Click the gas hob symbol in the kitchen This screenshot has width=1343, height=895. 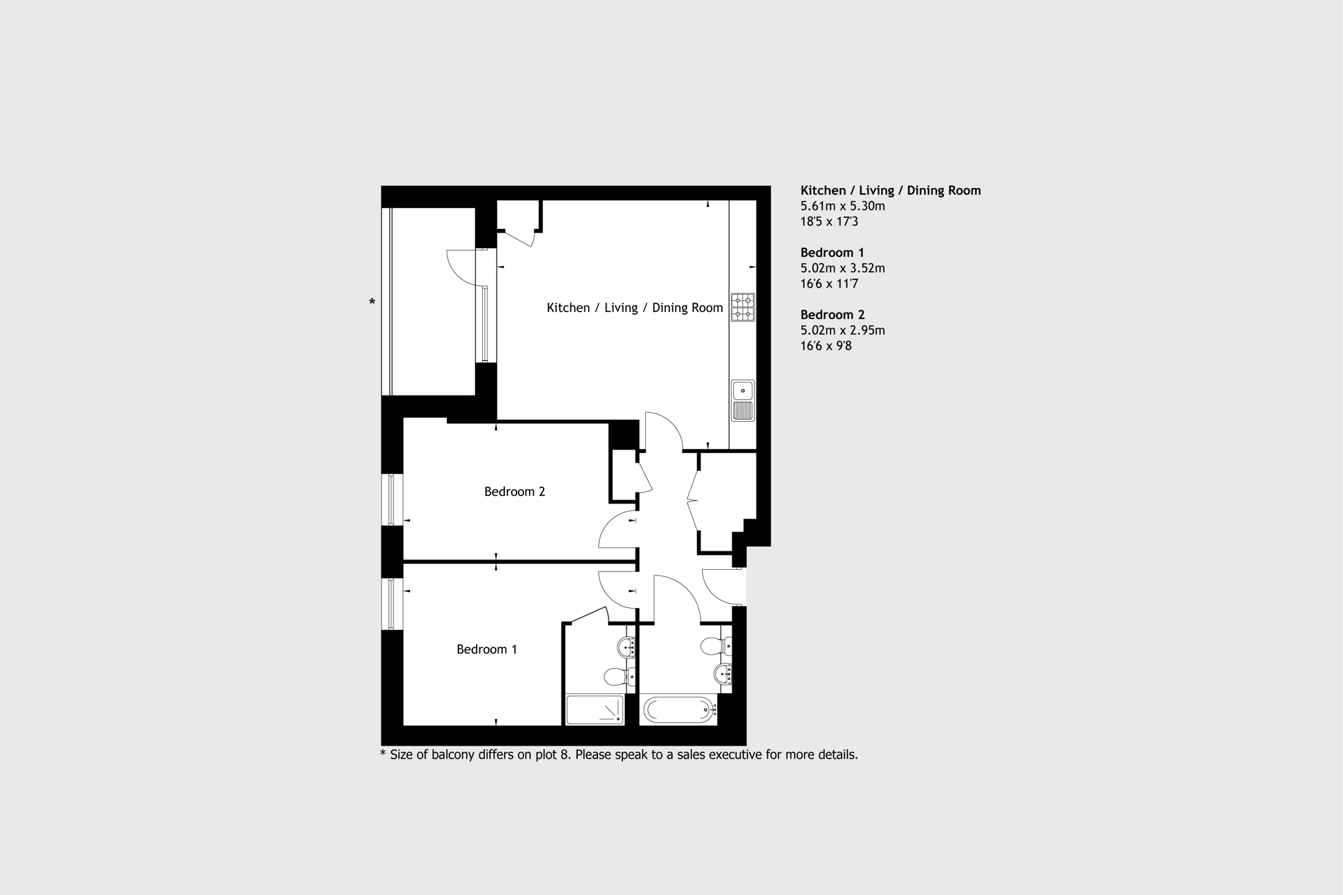tap(742, 307)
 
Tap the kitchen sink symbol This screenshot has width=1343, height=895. tap(742, 400)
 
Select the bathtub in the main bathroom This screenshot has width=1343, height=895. tap(678, 710)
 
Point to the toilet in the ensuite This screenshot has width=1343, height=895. tap(616, 675)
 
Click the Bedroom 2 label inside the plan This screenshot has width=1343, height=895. tap(514, 492)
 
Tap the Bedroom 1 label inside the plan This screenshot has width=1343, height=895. tap(486, 649)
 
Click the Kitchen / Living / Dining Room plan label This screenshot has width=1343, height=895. tap(634, 308)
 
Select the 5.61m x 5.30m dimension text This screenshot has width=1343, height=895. tap(842, 206)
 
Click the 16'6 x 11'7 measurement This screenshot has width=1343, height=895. tap(828, 284)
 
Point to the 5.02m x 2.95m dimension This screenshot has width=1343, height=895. tap(842, 331)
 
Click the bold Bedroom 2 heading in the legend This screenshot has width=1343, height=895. tap(832, 315)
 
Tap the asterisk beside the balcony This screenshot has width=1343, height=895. tap(372, 302)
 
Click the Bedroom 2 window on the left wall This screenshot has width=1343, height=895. tap(392, 499)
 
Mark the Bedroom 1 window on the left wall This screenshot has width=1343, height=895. tap(392, 604)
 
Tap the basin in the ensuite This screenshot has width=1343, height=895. tap(627, 648)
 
